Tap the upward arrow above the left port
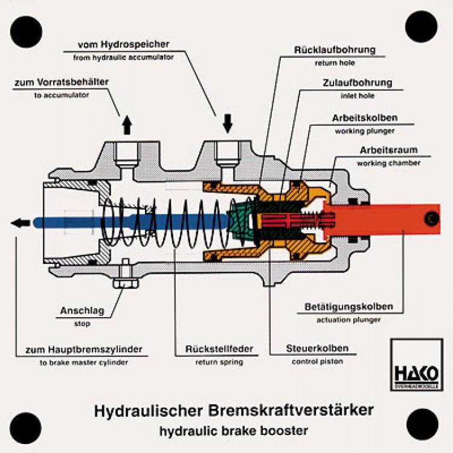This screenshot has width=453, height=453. pos(127,124)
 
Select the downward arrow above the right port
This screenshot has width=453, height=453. pos(228,123)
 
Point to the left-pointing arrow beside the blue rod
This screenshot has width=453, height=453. pos(21,223)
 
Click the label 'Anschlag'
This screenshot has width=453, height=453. pos(83,311)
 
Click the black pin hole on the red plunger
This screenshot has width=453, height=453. pos(431,218)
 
